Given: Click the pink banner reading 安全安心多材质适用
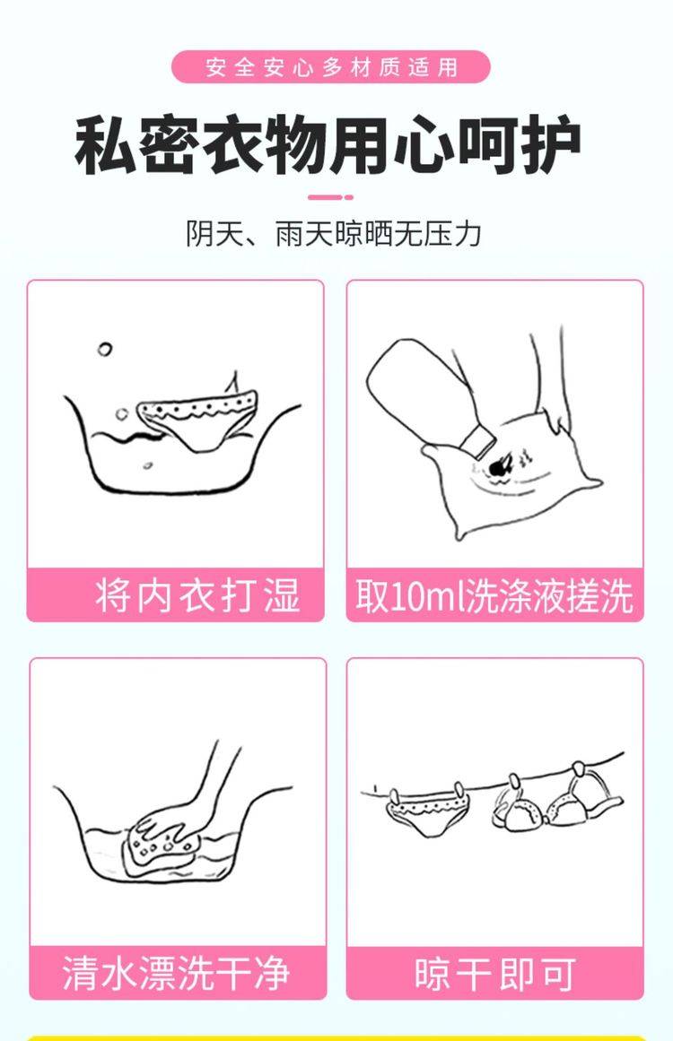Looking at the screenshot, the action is [331, 67].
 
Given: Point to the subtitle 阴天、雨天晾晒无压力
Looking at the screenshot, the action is [334, 234].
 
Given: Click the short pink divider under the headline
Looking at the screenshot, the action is [330, 197].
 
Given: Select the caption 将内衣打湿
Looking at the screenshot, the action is [198, 594].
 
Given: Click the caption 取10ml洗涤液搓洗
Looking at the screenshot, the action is [494, 594].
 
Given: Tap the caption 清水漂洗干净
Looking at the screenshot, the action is [177, 973].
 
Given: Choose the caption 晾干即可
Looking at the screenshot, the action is [495, 973].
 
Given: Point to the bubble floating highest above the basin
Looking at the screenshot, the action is [105, 349].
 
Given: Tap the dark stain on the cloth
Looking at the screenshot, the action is [499, 467].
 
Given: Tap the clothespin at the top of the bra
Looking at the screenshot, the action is [577, 771].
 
